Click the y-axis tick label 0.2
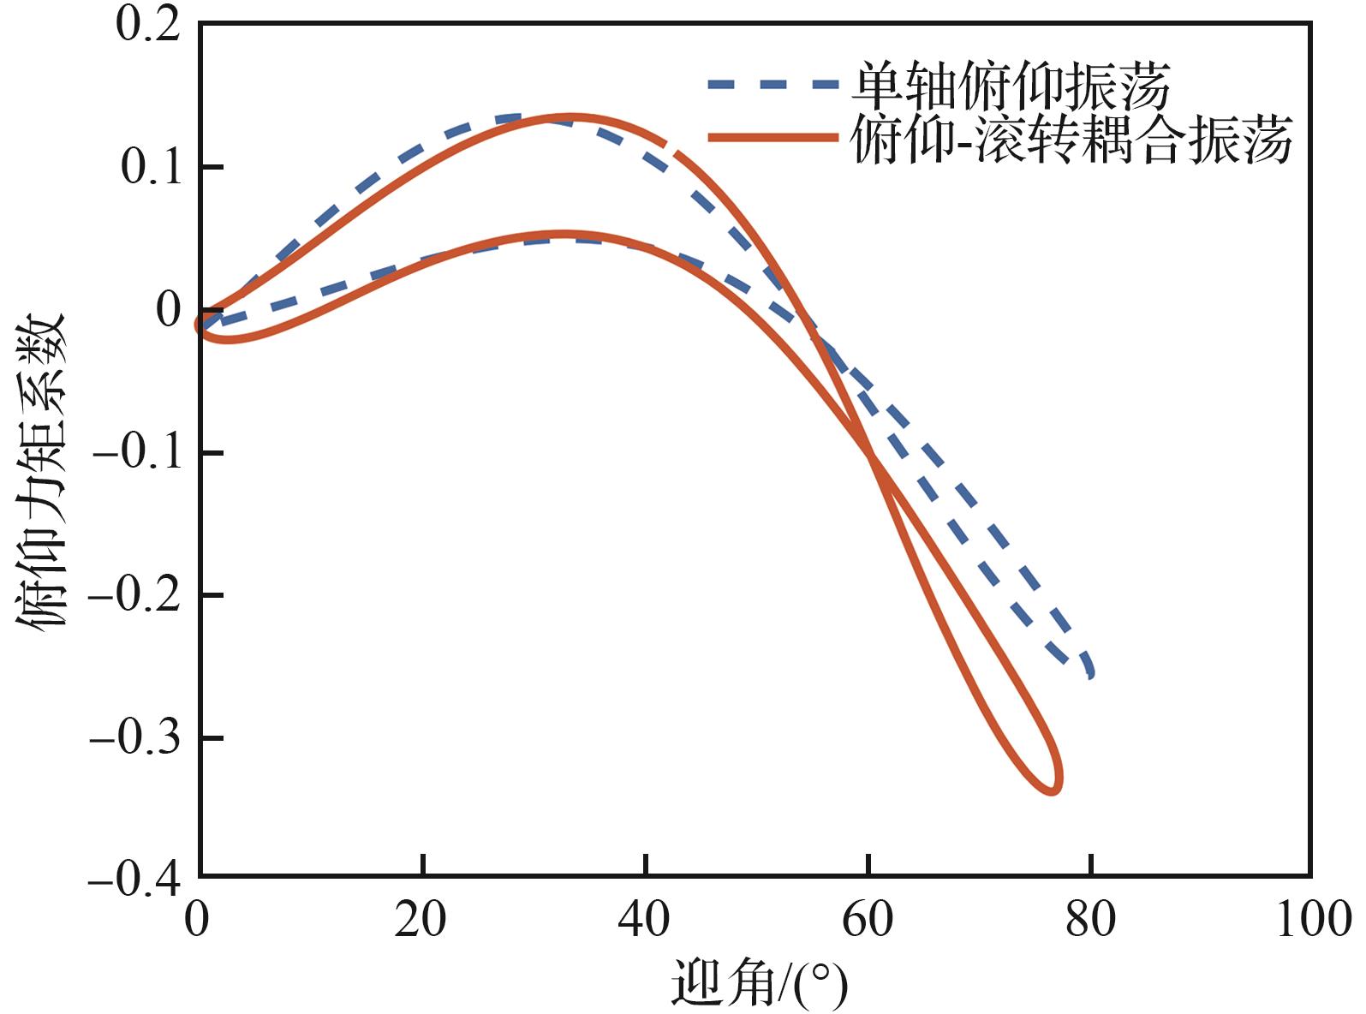[x=148, y=25]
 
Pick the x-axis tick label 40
[x=643, y=921]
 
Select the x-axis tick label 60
[x=868, y=921]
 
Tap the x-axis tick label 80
[x=1091, y=921]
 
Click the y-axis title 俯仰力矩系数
[x=40, y=471]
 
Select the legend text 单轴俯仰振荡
[x=1011, y=86]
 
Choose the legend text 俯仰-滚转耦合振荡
[x=1071, y=139]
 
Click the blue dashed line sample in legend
[x=773, y=85]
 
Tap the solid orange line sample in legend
[x=773, y=138]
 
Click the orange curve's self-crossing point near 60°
[x=869, y=455]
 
